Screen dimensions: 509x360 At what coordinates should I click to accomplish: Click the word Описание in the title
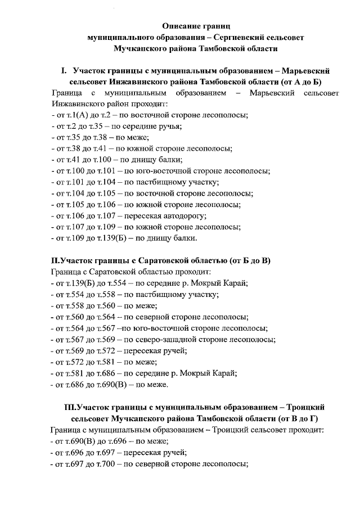(x=178, y=26)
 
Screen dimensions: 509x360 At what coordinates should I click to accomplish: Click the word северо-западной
(x=160, y=339)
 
